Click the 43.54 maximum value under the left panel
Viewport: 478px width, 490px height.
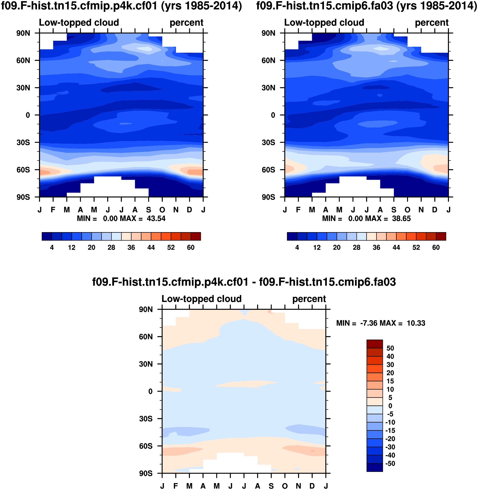pos(156,218)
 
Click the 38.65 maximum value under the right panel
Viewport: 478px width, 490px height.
pos(401,218)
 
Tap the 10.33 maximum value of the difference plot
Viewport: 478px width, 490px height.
pos(416,323)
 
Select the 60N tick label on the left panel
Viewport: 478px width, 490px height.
pos(23,61)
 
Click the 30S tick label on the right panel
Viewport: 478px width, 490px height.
pos(269,142)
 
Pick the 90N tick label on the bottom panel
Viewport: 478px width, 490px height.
pos(146,309)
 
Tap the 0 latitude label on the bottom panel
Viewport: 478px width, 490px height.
pos(150,391)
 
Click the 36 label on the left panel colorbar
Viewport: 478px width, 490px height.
pos(131,248)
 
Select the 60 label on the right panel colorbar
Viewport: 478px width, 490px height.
pos(436,248)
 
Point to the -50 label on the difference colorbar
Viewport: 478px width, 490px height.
pos(390,463)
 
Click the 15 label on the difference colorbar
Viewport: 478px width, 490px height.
pos(390,381)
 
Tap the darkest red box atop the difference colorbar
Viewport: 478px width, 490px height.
pos(375,344)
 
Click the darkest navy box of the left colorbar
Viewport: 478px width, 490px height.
pos(47,236)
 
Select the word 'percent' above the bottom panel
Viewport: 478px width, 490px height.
pos(309,299)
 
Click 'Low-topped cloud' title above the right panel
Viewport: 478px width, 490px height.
pos(324,22)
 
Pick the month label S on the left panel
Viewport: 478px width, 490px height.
pos(149,210)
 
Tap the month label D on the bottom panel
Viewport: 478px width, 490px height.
pos(312,486)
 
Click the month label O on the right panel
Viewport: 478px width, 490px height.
pos(407,210)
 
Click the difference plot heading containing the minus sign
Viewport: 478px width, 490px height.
pos(244,282)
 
